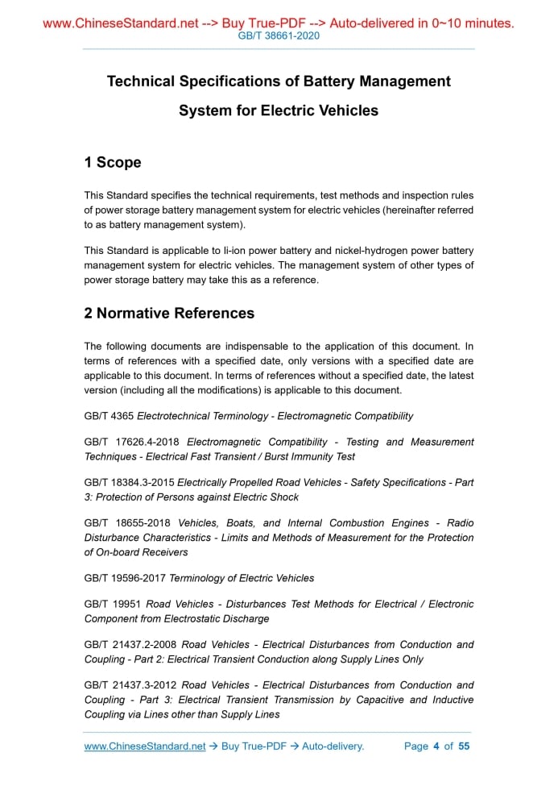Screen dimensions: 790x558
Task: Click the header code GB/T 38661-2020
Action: (x=279, y=37)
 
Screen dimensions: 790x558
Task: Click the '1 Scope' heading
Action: (x=112, y=163)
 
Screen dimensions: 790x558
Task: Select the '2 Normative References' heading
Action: (x=169, y=314)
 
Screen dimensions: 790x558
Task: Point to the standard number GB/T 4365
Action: (x=109, y=416)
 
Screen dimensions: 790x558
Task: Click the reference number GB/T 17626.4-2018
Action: (x=133, y=442)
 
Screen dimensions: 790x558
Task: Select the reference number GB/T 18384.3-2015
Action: (x=129, y=482)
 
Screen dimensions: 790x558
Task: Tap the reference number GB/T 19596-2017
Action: (x=125, y=578)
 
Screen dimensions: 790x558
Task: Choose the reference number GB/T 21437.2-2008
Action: (x=130, y=644)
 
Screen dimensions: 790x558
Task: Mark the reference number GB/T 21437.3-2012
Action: (x=130, y=685)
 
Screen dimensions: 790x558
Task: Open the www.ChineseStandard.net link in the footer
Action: (x=145, y=746)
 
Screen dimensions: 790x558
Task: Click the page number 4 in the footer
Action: (x=436, y=746)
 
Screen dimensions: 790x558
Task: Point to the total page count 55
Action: (x=464, y=746)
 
